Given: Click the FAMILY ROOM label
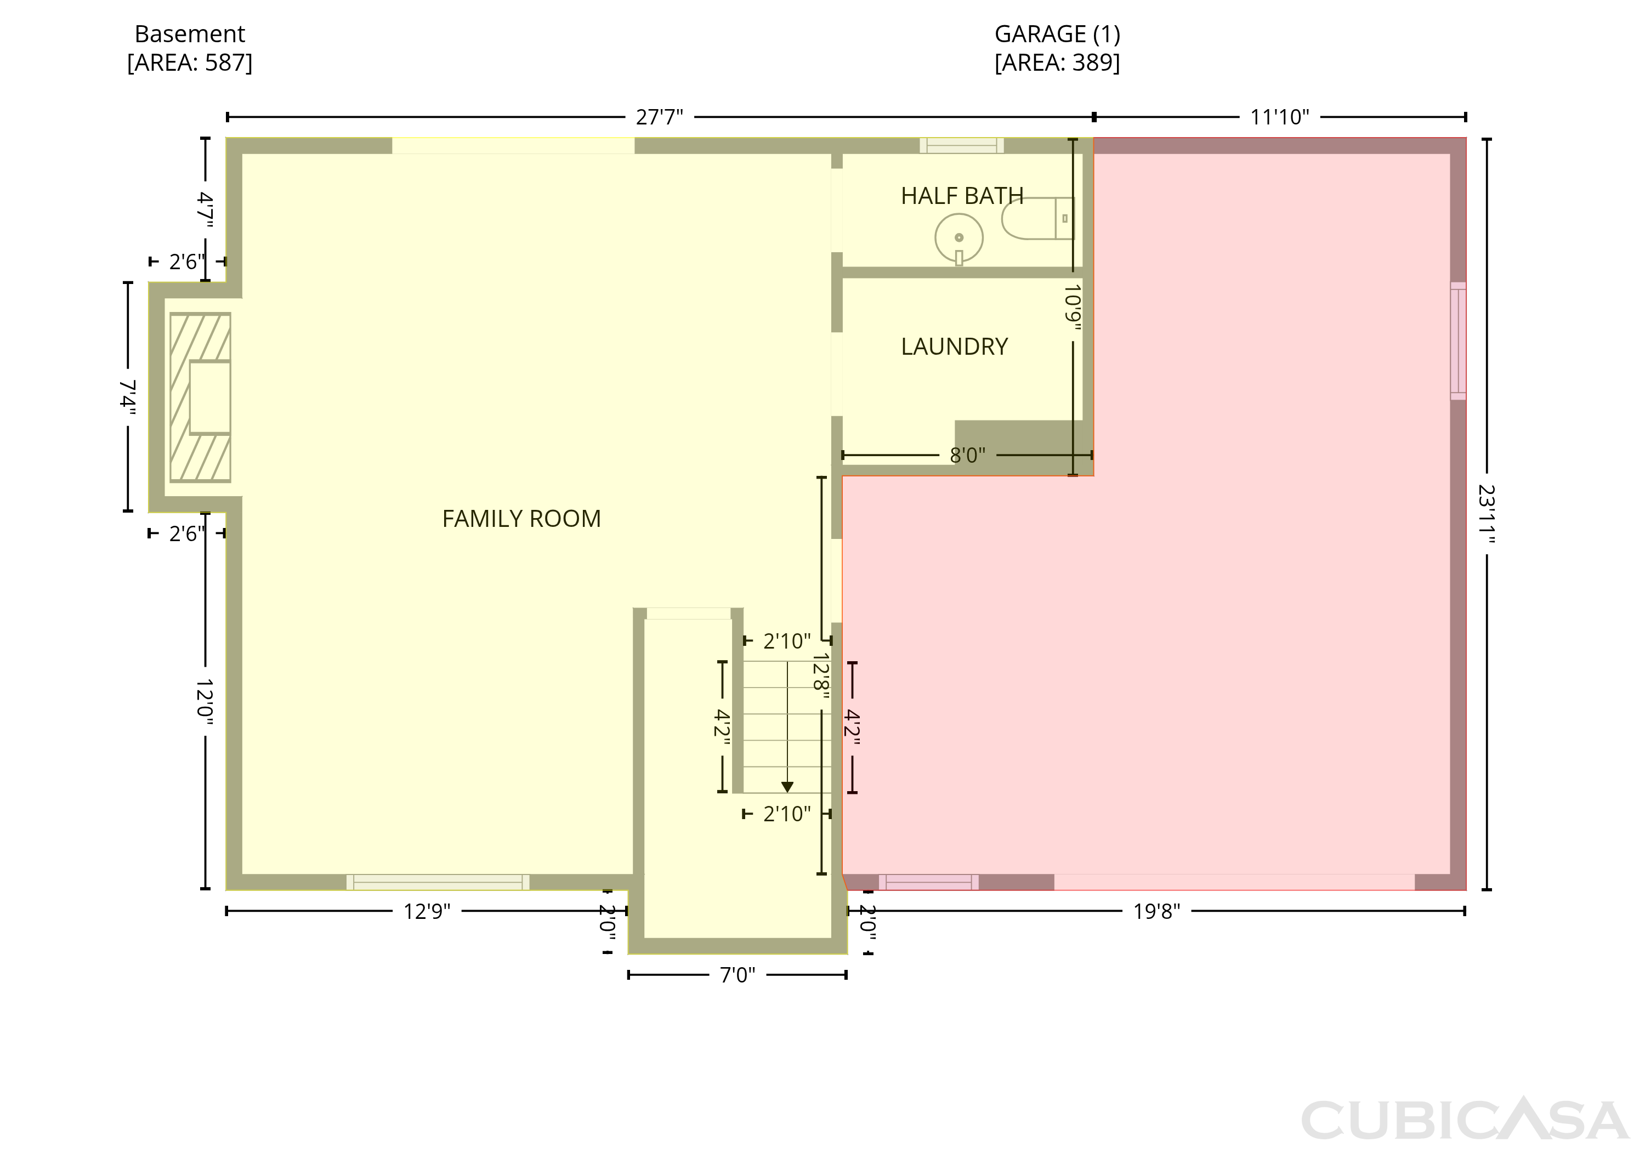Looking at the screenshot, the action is pyautogui.click(x=521, y=518).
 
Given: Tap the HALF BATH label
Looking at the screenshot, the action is pyautogui.click(x=961, y=196).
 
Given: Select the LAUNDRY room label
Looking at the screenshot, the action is pyautogui.click(x=954, y=347).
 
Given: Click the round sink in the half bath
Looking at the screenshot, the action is pyautogui.click(x=958, y=238).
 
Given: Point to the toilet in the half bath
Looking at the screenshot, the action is pyautogui.click(x=1038, y=218).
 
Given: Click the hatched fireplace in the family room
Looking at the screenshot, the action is pyautogui.click(x=200, y=397).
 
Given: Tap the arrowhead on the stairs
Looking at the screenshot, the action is pyautogui.click(x=787, y=787).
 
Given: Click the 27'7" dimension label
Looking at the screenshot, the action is pyautogui.click(x=659, y=117).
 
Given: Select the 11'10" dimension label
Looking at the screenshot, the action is pyautogui.click(x=1280, y=117).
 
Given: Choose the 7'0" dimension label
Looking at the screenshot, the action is pyautogui.click(x=738, y=975).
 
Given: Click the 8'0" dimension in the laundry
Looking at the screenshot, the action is pyautogui.click(x=967, y=455).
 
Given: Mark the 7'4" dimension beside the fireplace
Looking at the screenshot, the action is pyautogui.click(x=128, y=397).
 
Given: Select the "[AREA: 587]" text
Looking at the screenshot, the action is pyautogui.click(x=190, y=63).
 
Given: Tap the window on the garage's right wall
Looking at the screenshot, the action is pyautogui.click(x=1458, y=341).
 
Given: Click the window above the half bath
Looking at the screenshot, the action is pyautogui.click(x=961, y=145).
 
